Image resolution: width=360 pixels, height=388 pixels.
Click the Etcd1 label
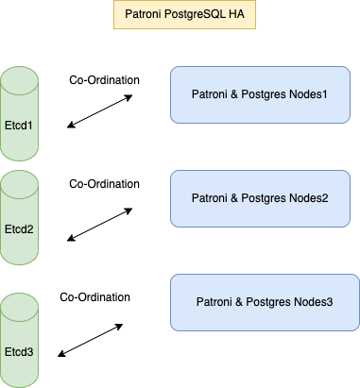pyautogui.click(x=20, y=125)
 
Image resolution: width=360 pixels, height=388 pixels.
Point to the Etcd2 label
pyautogui.click(x=20, y=228)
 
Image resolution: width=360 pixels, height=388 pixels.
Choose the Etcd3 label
pyautogui.click(x=20, y=351)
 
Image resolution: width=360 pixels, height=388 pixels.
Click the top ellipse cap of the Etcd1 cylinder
pyautogui.click(x=20, y=76)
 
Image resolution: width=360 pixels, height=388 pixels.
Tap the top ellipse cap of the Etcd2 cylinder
pyautogui.click(x=20, y=180)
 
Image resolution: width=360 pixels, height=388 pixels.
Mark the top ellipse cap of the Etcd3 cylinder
pyautogui.click(x=20, y=303)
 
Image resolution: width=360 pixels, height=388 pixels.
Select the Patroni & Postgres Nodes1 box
pyautogui.click(x=264, y=94)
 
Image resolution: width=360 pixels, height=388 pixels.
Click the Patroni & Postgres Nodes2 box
pyautogui.click(x=264, y=197)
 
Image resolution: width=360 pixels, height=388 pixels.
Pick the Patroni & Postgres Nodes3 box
pyautogui.click(x=264, y=301)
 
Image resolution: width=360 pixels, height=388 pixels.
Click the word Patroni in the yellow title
pyautogui.click(x=143, y=15)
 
